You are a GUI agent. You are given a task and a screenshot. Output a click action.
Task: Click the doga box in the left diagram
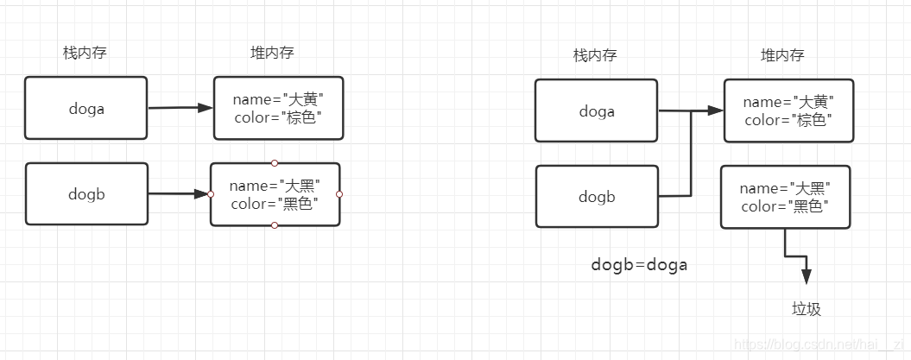point(85,108)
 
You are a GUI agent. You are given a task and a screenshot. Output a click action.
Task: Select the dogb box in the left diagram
point(85,194)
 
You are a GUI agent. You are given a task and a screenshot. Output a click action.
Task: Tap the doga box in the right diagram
point(596,111)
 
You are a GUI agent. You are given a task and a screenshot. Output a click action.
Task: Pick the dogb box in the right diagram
point(596,197)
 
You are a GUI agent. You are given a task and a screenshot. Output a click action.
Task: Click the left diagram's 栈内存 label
point(85,53)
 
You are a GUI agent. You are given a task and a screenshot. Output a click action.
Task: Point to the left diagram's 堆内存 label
point(272,53)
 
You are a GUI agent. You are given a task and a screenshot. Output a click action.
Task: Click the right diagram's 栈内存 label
point(595,55)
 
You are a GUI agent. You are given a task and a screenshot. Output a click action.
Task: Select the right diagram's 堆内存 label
point(781,55)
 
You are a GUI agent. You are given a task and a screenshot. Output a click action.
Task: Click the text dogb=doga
point(639,265)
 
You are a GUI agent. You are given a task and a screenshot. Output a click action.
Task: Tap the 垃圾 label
point(806,308)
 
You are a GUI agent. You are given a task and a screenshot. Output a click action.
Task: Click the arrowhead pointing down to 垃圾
point(806,276)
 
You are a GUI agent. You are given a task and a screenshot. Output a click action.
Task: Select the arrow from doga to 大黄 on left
point(180,108)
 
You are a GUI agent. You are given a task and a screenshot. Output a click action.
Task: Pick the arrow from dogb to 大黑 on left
point(178,194)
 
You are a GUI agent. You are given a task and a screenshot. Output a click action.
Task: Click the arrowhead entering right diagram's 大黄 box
point(715,111)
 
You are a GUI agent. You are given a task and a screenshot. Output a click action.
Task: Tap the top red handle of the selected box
point(275,162)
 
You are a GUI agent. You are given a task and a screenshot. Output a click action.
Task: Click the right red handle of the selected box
point(339,194)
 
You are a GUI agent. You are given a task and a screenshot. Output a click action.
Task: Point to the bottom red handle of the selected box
point(275,225)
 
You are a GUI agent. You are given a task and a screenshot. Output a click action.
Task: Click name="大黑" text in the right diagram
point(784,188)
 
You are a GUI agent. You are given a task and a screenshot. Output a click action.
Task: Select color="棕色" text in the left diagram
point(277,117)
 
